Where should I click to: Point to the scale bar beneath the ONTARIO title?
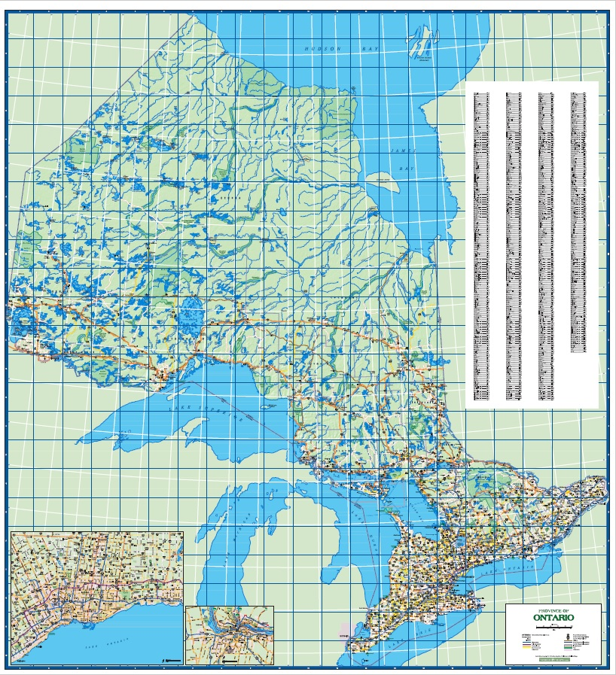(x=553, y=625)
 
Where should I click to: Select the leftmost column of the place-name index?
(x=482, y=245)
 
